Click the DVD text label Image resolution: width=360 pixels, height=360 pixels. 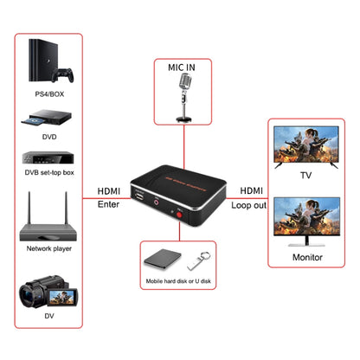(50, 137)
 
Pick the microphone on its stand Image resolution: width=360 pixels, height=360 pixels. (183, 95)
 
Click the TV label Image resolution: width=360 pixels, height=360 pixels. (305, 176)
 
